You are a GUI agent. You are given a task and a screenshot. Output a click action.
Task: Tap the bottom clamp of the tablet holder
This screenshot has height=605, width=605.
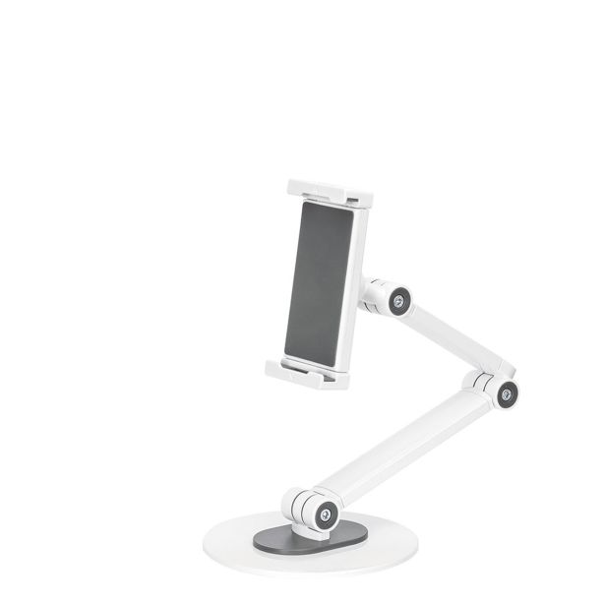pos(307,373)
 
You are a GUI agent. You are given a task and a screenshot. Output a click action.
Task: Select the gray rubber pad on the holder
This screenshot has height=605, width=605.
pos(319,281)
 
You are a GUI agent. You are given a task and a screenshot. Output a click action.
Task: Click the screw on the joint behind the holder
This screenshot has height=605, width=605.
pos(400,300)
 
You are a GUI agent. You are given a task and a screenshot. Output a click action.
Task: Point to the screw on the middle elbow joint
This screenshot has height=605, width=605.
pos(506,394)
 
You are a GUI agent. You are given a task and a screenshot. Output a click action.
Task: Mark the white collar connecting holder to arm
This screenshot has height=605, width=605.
pos(374,292)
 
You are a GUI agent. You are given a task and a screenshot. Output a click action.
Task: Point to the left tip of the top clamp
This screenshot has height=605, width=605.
pos(292,187)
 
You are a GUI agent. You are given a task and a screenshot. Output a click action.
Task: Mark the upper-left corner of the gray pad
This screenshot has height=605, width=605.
pos(302,208)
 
